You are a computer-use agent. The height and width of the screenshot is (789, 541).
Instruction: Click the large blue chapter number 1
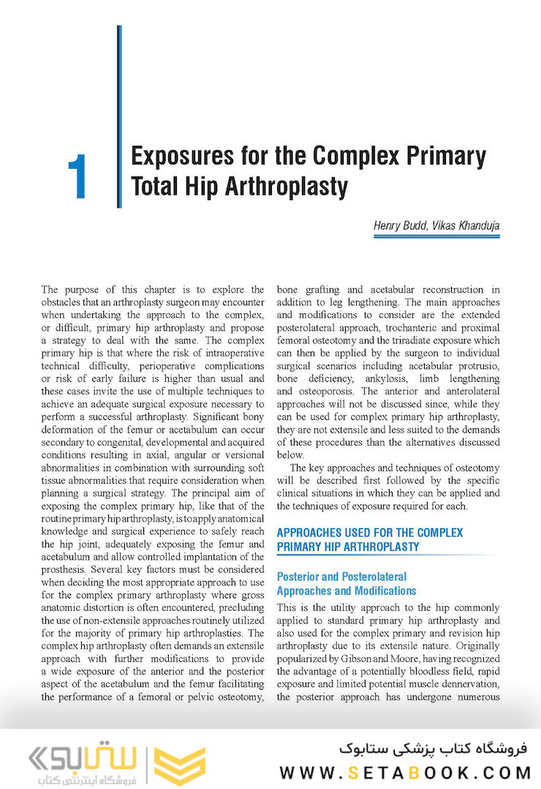click(77, 177)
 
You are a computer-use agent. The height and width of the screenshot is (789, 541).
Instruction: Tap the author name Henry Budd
click(401, 225)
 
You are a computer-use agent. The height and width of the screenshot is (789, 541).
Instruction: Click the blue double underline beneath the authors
click(436, 237)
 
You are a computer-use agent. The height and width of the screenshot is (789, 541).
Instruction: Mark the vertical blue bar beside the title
click(119, 117)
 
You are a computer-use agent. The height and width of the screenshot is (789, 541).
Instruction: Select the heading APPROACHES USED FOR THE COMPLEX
click(369, 533)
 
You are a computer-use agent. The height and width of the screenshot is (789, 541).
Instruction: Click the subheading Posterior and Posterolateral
click(341, 576)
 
